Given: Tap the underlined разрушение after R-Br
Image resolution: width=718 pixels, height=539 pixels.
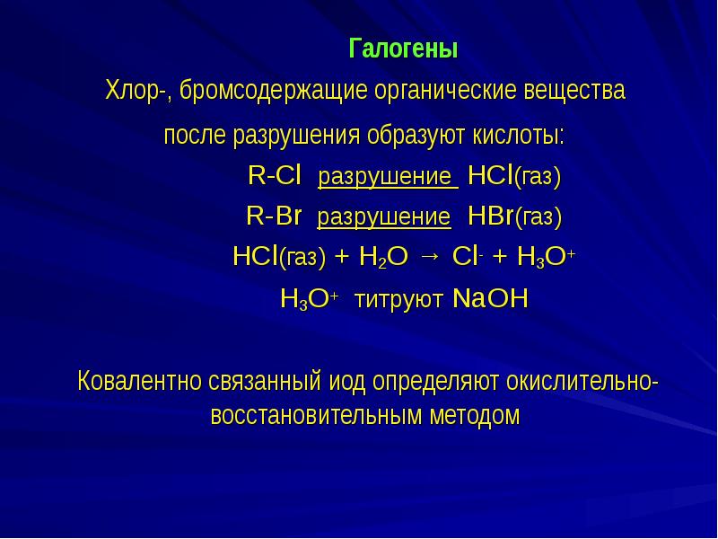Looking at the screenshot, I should pyautogui.click(x=384, y=217).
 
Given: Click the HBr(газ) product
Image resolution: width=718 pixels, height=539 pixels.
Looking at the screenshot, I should pyautogui.click(x=514, y=216).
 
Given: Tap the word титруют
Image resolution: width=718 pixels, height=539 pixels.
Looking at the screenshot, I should pyautogui.click(x=399, y=300).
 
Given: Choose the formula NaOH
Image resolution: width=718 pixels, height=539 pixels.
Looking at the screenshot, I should pyautogui.click(x=490, y=299).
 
